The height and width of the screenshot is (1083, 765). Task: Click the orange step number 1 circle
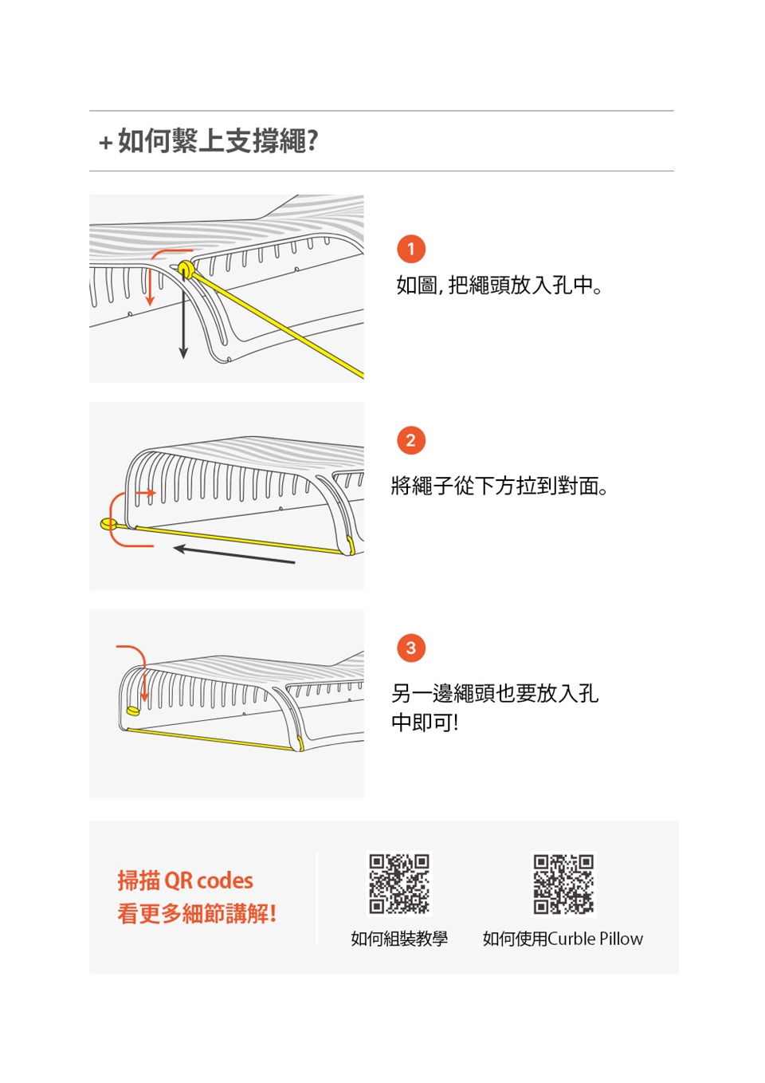[411, 249]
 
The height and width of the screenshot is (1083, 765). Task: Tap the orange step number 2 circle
[411, 440]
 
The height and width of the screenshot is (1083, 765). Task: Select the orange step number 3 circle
[411, 648]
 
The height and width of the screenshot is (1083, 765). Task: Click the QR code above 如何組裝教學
[399, 884]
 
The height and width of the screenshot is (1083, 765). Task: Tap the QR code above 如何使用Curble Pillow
[563, 884]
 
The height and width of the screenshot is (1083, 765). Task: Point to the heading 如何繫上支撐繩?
[218, 141]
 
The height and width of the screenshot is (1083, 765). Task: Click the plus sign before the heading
[106, 143]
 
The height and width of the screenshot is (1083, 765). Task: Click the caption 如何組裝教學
[399, 939]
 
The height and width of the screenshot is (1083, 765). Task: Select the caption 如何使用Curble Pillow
[563, 939]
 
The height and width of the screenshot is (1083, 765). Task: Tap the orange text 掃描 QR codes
[186, 880]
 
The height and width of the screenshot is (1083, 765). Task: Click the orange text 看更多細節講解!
[197, 913]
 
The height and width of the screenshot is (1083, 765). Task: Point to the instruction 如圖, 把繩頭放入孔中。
[500, 285]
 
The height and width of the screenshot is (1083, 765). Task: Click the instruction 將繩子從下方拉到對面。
[500, 486]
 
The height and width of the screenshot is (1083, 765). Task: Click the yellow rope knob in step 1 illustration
[185, 268]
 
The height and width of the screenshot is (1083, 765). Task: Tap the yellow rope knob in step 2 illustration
[108, 524]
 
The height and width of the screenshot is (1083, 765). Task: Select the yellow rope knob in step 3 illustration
[133, 711]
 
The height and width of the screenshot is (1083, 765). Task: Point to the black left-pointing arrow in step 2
[233, 555]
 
